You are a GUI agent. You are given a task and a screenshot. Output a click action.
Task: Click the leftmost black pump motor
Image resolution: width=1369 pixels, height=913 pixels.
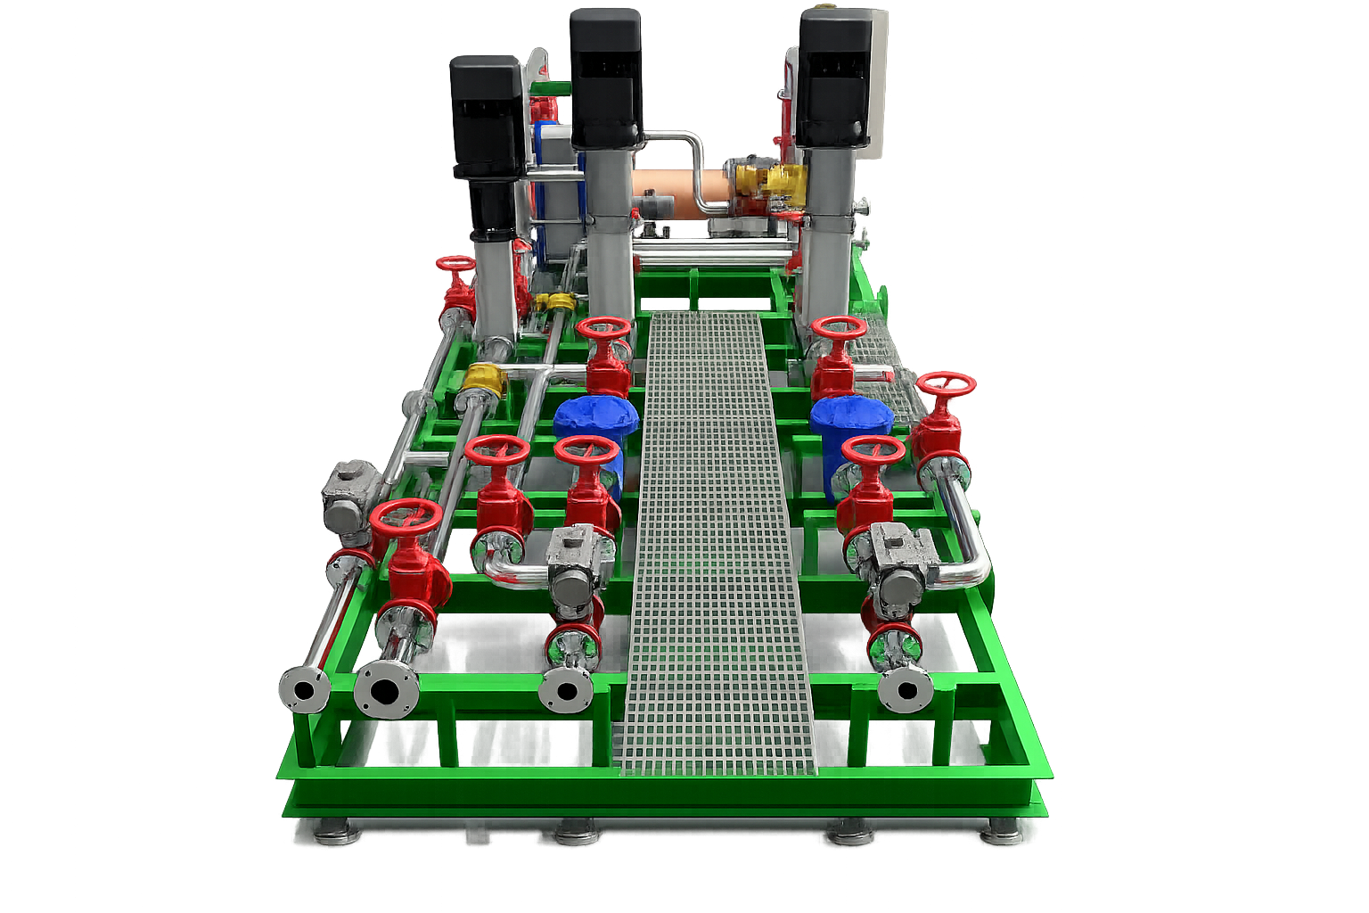(x=487, y=116)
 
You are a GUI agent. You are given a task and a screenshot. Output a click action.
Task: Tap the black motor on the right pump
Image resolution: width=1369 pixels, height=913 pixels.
(x=833, y=78)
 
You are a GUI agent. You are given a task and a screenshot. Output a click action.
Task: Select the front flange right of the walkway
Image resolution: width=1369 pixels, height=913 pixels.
(x=906, y=689)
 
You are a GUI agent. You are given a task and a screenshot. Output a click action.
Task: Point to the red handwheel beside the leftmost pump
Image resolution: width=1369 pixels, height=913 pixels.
(x=456, y=265)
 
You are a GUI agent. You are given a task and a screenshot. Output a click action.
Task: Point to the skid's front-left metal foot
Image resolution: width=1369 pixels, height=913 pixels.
(x=337, y=834)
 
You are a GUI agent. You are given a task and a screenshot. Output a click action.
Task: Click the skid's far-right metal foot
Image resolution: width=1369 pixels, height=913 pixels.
(x=1002, y=834)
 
